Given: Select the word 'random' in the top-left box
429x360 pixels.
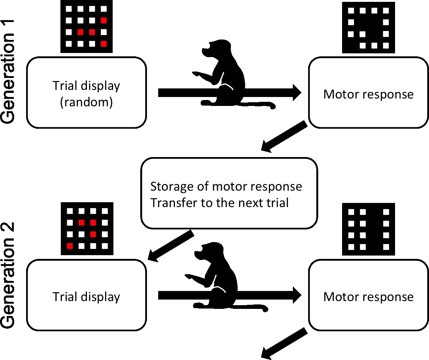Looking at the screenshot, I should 86,102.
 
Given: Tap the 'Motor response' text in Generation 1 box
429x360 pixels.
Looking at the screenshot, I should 368,94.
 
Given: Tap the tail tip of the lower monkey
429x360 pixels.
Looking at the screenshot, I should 265,309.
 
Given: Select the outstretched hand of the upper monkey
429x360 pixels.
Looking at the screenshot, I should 195,73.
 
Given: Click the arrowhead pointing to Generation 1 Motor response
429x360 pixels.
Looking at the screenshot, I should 296,92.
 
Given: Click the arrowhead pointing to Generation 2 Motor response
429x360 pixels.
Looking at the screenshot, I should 296,296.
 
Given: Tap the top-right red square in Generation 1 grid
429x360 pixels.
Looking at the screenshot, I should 104,20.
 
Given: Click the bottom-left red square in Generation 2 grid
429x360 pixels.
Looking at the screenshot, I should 69,245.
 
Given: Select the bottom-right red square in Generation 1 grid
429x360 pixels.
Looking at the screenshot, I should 104,44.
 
